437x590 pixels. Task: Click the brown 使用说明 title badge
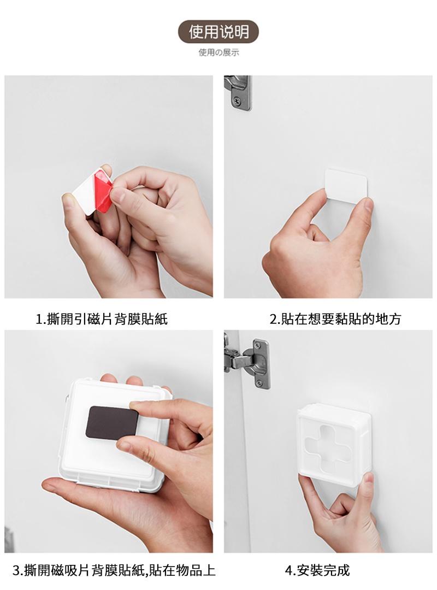218,32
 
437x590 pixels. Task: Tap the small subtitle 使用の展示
218,52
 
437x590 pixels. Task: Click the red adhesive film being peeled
103,191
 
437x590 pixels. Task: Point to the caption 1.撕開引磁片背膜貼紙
102,319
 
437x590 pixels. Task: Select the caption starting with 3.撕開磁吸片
114,570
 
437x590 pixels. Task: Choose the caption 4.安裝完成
317,570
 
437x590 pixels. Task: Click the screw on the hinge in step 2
237,101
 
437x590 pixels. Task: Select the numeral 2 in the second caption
273,320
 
